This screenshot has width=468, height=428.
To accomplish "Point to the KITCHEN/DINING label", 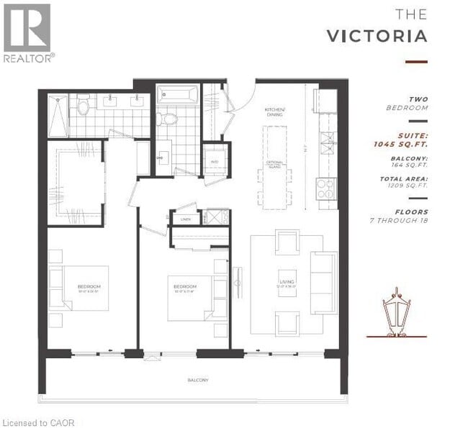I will pos(275,112).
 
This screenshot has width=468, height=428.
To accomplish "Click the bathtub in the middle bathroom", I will pos(177,94).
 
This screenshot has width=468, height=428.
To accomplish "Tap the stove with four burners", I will pos(326,188).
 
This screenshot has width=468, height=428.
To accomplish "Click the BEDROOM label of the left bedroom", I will pos(89,287).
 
